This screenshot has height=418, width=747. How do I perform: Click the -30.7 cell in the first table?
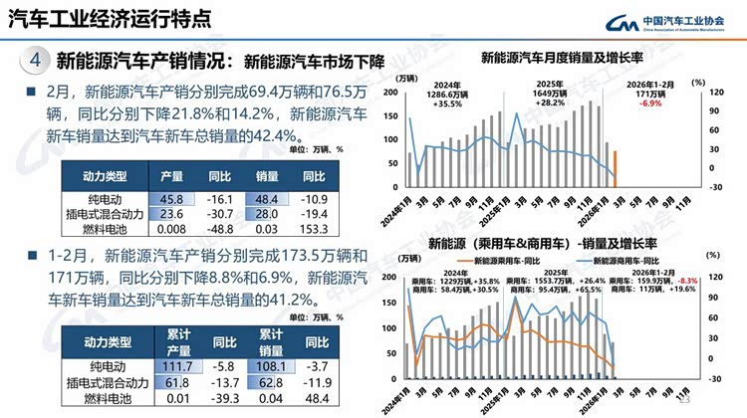[222, 214]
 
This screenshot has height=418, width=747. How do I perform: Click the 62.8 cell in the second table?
[272, 383]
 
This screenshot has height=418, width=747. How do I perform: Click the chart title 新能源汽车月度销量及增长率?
[565, 57]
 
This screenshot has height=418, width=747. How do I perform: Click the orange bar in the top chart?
[615, 169]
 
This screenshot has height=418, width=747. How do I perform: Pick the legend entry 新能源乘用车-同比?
[498, 261]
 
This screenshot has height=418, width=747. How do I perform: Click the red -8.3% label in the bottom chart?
[673, 282]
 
